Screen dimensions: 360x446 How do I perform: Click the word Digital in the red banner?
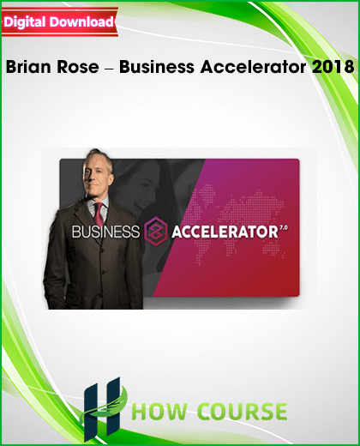25,22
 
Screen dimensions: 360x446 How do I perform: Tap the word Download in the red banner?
81,22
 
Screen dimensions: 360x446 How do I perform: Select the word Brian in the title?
29,67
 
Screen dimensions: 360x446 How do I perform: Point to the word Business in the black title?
157,67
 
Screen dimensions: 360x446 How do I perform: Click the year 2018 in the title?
333,67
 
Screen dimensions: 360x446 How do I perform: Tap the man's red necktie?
99,214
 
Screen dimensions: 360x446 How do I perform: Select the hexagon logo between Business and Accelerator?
155,231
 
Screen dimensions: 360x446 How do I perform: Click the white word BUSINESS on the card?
105,232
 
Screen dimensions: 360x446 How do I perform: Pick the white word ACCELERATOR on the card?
225,232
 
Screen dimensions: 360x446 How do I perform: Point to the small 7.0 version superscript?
284,227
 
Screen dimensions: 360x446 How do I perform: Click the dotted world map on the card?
238,221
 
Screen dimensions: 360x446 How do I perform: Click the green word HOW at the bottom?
159,411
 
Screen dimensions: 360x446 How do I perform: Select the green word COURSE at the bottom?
242,411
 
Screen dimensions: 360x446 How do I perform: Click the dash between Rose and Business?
109,69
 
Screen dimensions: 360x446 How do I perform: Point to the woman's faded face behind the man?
146,186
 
